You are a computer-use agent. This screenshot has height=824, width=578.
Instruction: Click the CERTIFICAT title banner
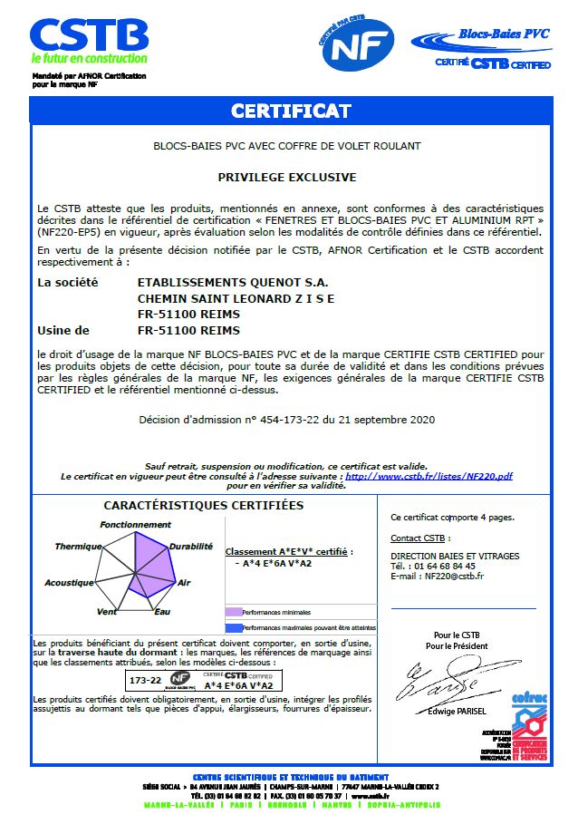coord(290,111)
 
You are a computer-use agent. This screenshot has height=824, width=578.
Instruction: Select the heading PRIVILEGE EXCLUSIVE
coord(287,178)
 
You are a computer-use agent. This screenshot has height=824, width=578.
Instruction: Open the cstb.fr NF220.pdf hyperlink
coord(429,476)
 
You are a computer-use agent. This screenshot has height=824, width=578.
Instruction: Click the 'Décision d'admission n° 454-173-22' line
coord(287,420)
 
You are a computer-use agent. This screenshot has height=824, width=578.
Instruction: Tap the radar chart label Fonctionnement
coord(135,525)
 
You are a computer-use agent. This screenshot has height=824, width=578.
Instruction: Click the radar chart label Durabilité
coord(191,547)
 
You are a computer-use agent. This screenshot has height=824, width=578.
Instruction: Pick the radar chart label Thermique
coord(78,547)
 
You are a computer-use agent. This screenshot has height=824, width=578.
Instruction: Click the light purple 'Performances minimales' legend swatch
coord(234,613)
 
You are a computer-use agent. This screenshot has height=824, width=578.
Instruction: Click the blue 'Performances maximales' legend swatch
coord(234,627)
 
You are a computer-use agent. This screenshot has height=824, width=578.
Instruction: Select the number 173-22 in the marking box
coord(145,678)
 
